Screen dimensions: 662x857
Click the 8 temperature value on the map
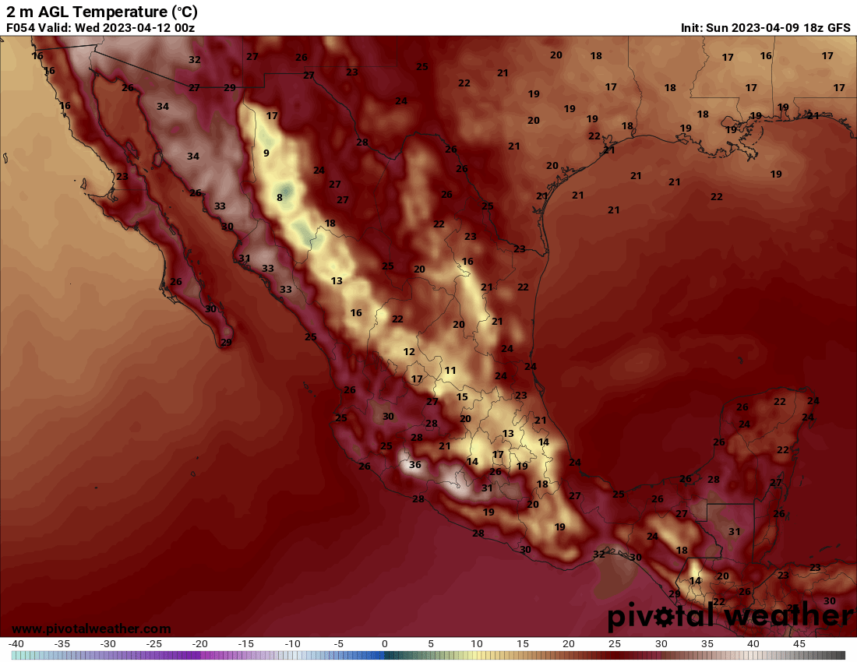[279, 198]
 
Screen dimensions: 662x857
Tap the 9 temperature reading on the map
[266, 153]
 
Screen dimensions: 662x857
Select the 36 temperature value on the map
[415, 465]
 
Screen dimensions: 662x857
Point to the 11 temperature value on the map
[450, 370]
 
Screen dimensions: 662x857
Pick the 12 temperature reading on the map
[409, 352]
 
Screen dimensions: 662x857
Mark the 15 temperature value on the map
[462, 397]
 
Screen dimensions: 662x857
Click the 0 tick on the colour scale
[385, 644]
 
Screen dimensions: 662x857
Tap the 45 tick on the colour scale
[799, 644]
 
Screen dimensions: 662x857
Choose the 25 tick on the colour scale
[615, 644]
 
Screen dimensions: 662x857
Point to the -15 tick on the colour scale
[246, 644]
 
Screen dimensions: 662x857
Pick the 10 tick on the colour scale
[477, 644]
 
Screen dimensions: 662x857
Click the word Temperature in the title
[116, 12]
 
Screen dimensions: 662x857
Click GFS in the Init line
[838, 27]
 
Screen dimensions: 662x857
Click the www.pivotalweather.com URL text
[91, 629]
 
